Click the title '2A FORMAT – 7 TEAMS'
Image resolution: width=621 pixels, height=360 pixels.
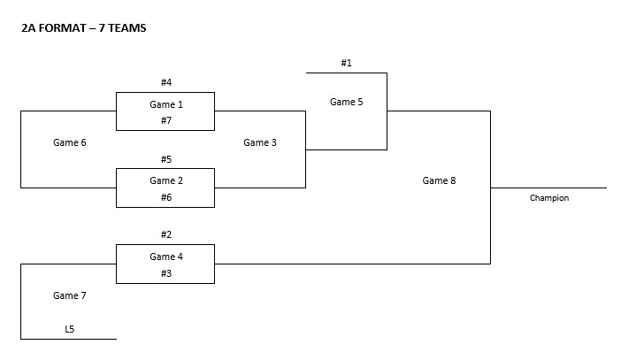tap(84, 28)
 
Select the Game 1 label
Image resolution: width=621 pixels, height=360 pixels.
tap(165, 104)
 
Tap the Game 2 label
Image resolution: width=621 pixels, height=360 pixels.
tap(165, 180)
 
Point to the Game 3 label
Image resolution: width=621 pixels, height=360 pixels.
tap(261, 142)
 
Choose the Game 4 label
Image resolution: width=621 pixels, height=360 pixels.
tap(165, 257)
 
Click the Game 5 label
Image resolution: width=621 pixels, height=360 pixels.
tap(347, 102)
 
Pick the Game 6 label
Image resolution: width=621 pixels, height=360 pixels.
tap(70, 142)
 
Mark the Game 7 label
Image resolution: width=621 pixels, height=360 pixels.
tap(70, 295)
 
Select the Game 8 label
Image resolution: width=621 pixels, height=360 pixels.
tap(440, 180)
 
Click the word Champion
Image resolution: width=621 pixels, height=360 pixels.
tap(549, 198)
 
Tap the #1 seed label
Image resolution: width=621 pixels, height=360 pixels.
tap(347, 63)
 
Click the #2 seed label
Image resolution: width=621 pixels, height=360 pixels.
tap(165, 234)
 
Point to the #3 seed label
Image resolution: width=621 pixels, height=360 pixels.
tap(165, 273)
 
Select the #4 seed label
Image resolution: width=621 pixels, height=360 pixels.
tap(165, 82)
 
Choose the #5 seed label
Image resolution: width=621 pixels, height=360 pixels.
tap(165, 159)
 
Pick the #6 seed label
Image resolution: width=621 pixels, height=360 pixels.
tap(165, 197)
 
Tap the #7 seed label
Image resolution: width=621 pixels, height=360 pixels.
tap(165, 120)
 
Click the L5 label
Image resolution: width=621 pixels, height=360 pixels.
tap(70, 329)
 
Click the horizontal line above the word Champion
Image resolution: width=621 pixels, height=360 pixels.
tap(549, 188)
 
